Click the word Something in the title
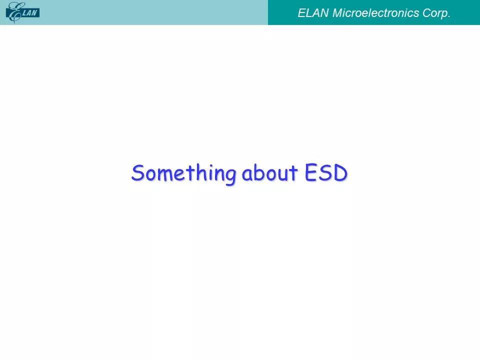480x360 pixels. [183, 174]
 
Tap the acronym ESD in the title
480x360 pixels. [326, 172]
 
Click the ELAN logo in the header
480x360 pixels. [22, 12]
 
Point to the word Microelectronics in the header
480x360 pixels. [375, 13]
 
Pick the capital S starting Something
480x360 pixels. [137, 172]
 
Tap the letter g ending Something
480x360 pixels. [230, 176]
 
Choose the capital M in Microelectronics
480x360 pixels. [338, 13]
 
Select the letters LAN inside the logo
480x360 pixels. [30, 13]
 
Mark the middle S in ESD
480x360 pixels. [325, 173]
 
